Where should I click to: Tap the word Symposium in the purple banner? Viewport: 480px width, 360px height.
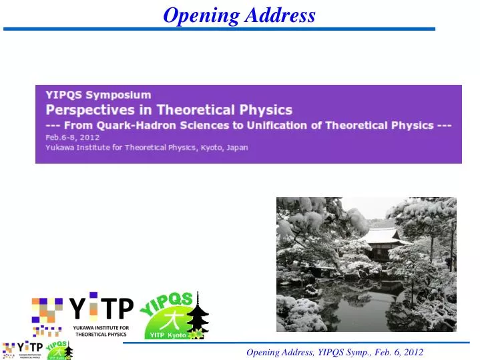(x=119, y=95)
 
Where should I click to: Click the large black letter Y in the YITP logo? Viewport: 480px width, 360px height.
(x=77, y=308)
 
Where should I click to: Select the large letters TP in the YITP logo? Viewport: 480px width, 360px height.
(x=117, y=308)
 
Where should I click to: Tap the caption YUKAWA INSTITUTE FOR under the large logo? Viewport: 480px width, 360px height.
(x=101, y=327)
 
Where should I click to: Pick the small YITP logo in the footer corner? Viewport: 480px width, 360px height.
(x=23, y=349)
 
